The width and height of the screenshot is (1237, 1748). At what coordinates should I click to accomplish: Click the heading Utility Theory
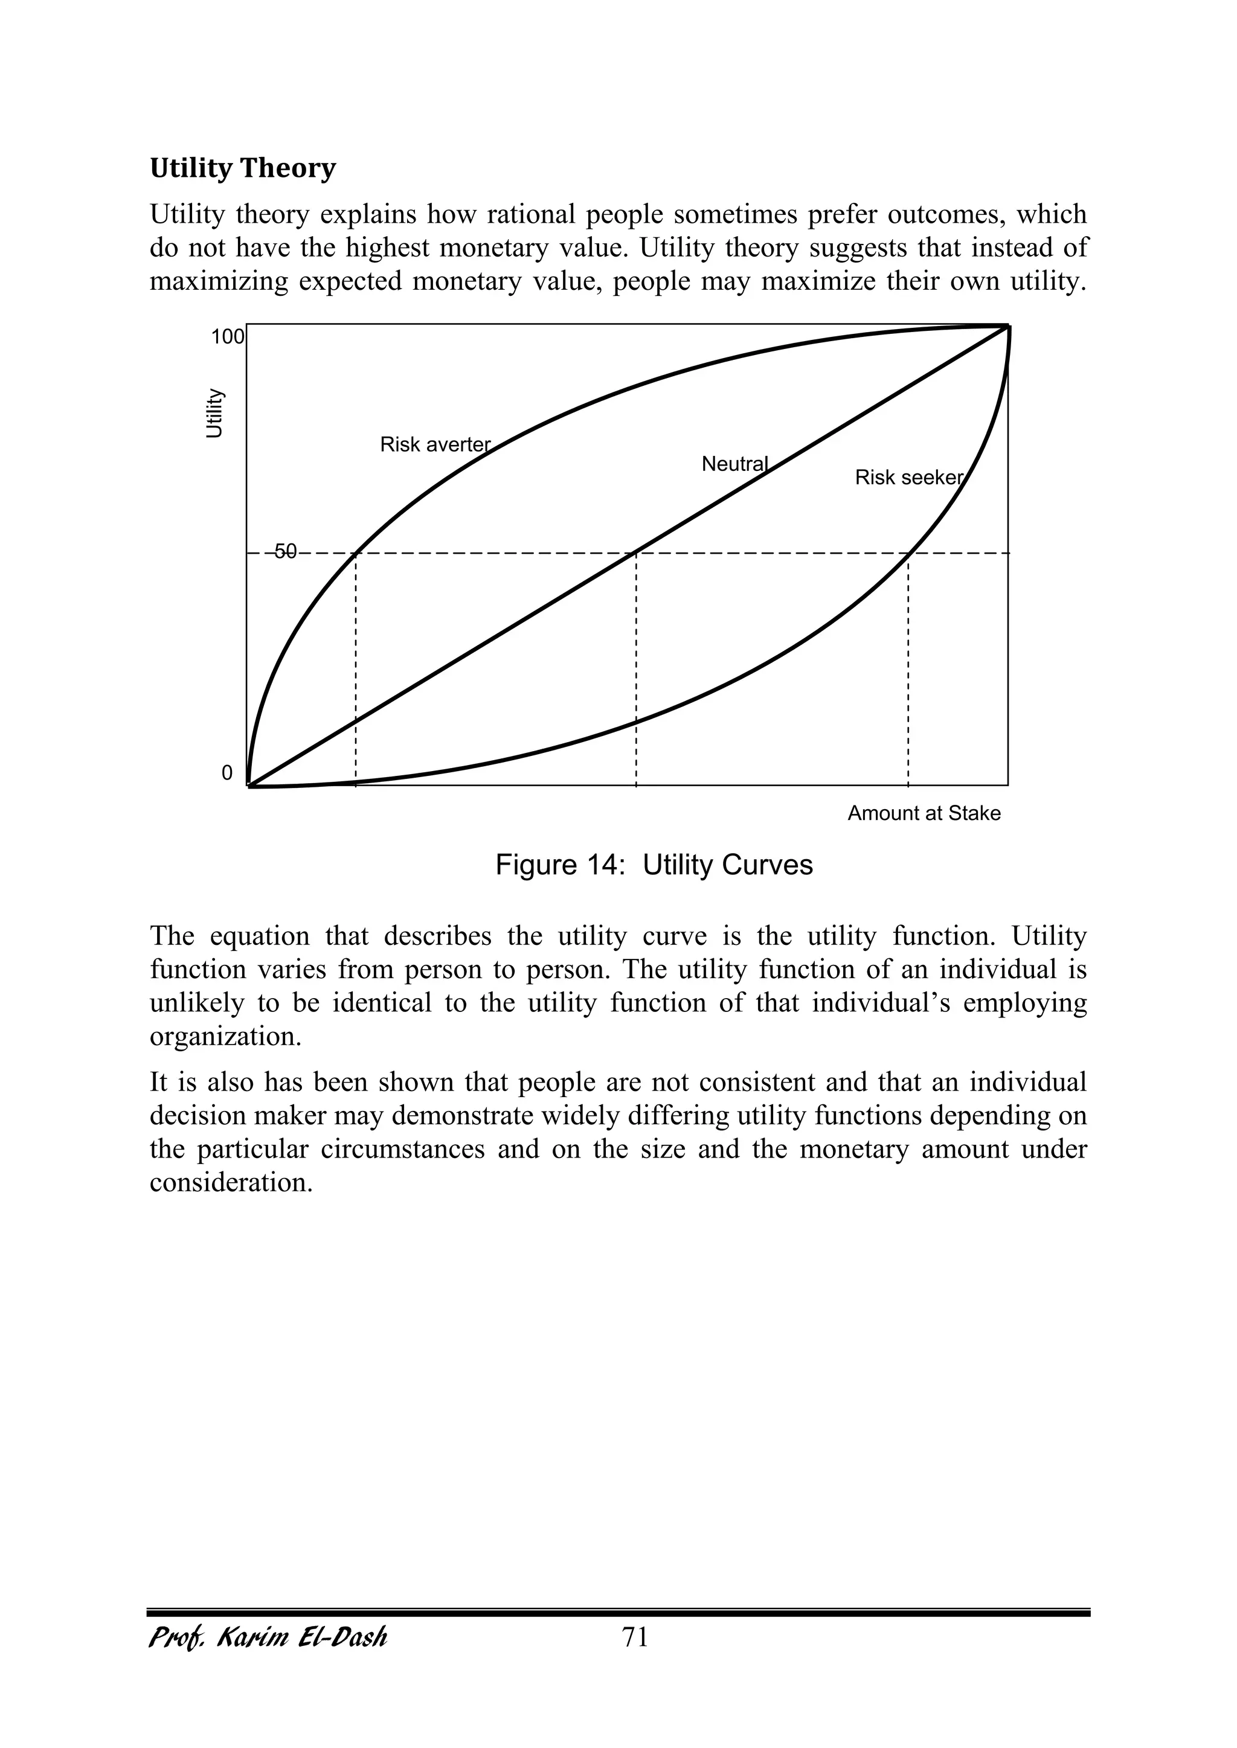click(242, 168)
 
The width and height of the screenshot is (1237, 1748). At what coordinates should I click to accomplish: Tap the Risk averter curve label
click(435, 444)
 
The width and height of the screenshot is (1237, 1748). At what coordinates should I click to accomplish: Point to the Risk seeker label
click(908, 478)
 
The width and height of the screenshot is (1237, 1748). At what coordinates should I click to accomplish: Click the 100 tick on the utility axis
click(228, 336)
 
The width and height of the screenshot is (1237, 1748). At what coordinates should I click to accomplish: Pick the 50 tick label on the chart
click(285, 552)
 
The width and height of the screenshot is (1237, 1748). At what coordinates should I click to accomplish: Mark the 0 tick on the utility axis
click(227, 773)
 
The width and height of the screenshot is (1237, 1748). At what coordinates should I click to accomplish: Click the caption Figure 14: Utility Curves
click(654, 866)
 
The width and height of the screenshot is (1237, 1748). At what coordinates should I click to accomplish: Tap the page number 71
click(635, 1637)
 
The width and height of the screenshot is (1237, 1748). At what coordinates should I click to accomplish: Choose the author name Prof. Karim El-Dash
click(268, 1637)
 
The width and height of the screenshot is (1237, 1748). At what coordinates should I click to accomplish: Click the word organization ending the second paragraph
click(225, 1037)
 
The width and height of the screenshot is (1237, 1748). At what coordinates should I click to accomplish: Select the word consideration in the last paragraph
click(231, 1183)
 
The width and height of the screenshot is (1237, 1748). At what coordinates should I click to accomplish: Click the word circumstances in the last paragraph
click(403, 1149)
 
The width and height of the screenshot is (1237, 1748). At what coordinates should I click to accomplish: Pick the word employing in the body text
click(1024, 1004)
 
